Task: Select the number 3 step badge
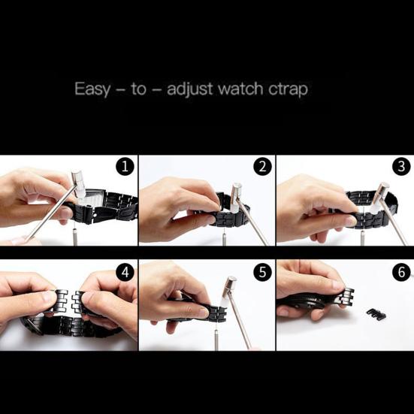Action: (400, 167)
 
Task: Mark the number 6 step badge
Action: (400, 271)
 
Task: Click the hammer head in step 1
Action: (78, 180)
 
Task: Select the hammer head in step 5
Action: (229, 286)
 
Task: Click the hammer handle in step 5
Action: (240, 323)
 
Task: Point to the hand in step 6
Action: (308, 282)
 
